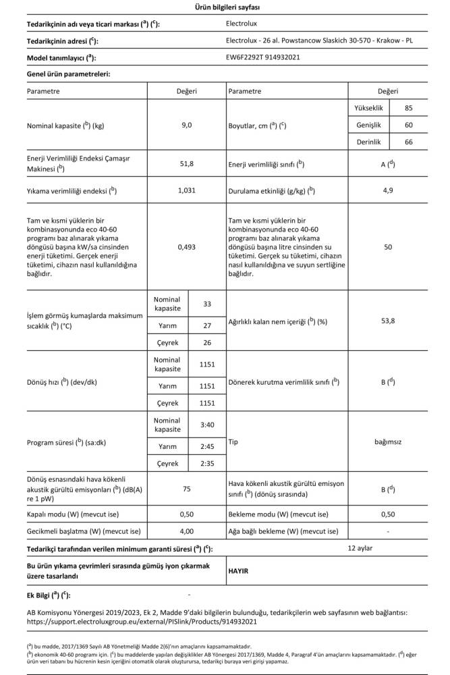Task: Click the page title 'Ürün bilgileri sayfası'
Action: pyautogui.click(x=224, y=7)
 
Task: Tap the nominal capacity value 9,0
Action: pyautogui.click(x=187, y=126)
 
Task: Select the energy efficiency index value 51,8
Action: pyautogui.click(x=187, y=163)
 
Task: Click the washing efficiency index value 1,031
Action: pyautogui.click(x=187, y=191)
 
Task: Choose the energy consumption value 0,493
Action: pyautogui.click(x=187, y=247)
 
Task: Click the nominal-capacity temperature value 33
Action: pyautogui.click(x=207, y=303)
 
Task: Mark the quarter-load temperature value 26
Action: pyautogui.click(x=207, y=342)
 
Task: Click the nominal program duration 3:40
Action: pyautogui.click(x=207, y=425)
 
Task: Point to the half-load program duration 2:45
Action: pyautogui.click(x=207, y=446)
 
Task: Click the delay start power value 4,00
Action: pyautogui.click(x=187, y=531)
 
